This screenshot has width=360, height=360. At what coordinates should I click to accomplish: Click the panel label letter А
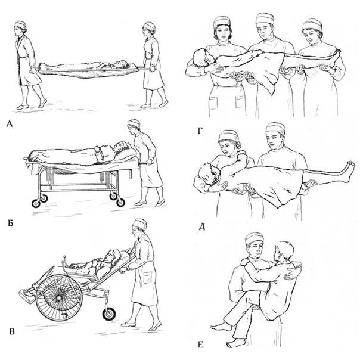pos(10,124)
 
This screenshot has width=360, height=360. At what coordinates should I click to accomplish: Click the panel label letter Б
pos(10,223)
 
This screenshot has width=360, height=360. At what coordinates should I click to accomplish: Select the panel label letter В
pos(12,331)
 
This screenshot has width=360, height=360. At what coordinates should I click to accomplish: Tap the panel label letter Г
pos(200,131)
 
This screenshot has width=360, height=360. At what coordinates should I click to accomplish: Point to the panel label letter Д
pos(201,227)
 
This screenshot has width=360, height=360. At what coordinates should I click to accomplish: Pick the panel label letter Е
pos(200,345)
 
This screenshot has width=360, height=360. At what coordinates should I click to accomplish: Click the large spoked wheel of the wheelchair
pos(59,298)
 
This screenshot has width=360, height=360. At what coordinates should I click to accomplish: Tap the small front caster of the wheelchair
pos(109,315)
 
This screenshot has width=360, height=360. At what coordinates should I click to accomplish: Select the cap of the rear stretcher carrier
pos(149,26)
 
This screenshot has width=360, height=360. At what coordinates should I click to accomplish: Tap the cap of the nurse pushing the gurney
pos(134,123)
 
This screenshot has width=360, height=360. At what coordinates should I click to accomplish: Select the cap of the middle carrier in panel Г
pos(265,18)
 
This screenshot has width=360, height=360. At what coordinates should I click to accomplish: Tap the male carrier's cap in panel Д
pos(275,129)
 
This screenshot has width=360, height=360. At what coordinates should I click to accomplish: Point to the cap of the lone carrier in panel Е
pos(254,238)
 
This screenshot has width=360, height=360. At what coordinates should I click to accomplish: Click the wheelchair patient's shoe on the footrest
pos(27,294)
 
